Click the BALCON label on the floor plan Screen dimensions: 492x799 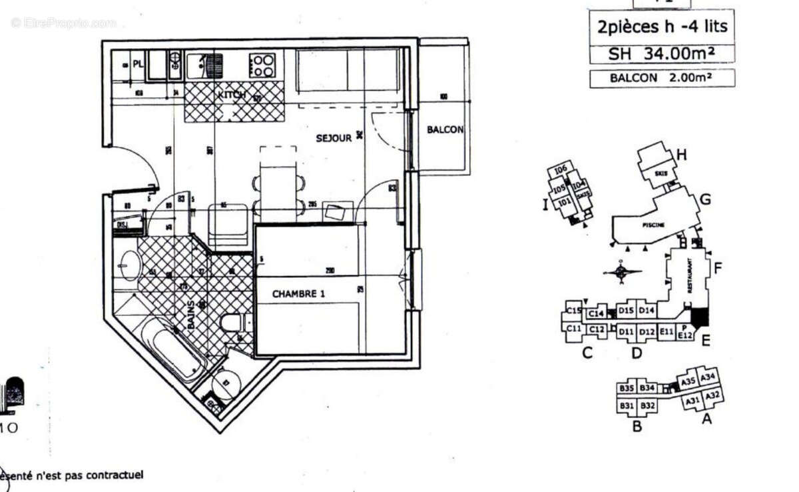[x=444, y=129]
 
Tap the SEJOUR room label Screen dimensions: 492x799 [x=333, y=138]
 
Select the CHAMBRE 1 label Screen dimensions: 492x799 [x=303, y=293]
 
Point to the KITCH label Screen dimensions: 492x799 [x=231, y=95]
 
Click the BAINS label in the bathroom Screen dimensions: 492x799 [x=192, y=313]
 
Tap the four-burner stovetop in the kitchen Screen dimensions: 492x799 [x=262, y=65]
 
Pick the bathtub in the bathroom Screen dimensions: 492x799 [x=174, y=351]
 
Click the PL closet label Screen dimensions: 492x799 [x=138, y=65]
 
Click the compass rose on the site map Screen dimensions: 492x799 [x=620, y=271]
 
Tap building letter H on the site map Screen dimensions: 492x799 [x=681, y=155]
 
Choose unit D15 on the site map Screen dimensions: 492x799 [x=626, y=310]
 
